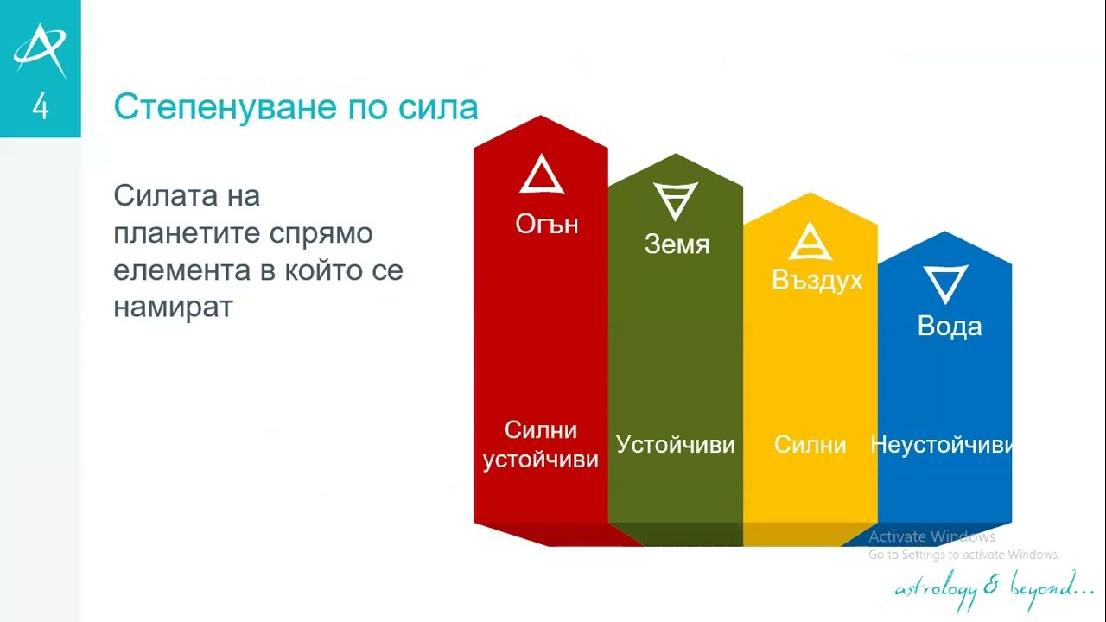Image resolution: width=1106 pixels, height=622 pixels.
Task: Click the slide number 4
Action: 40,107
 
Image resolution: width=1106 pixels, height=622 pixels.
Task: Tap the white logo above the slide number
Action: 40,49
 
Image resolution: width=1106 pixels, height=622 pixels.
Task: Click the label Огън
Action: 546,225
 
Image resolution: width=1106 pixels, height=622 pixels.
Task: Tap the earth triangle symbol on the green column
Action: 676,200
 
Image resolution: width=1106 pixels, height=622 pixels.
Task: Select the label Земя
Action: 677,244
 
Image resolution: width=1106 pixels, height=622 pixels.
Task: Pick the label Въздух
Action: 817,281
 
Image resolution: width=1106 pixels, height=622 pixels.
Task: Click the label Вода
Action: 949,327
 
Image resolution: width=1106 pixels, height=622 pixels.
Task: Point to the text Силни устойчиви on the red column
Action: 541,445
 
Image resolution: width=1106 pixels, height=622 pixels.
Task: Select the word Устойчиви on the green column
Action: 675,445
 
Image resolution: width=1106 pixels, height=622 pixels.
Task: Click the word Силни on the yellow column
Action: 810,445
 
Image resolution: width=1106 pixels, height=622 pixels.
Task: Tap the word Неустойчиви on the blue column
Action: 941,445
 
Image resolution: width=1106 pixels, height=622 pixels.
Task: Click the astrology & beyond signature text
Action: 994,588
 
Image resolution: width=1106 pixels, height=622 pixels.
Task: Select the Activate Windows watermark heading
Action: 931,537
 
